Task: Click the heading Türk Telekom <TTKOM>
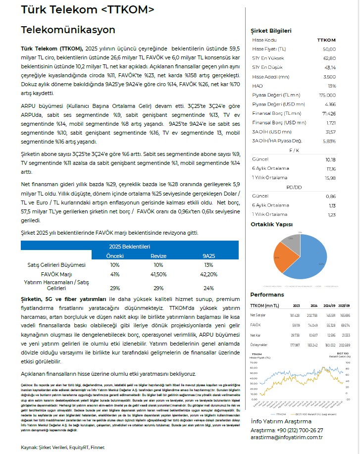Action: pyautogui.click(x=88, y=10)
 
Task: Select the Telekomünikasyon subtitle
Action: pyautogui.click(x=68, y=30)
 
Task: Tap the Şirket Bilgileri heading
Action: pyautogui.click(x=271, y=31)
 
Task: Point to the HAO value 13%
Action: pyautogui.click(x=332, y=86)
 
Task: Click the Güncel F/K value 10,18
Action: pyautogui.click(x=330, y=159)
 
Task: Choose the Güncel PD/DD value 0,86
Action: pyautogui.click(x=330, y=196)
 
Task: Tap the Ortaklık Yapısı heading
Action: pyautogui.click(x=271, y=224)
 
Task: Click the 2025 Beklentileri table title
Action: pyautogui.click(x=129, y=246)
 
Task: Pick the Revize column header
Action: pyautogui.click(x=159, y=255)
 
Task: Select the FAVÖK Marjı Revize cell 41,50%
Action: pyautogui.click(x=159, y=274)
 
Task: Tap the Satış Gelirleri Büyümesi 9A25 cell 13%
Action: pyautogui.click(x=208, y=265)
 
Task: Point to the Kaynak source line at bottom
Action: pyautogui.click(x=62, y=448)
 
